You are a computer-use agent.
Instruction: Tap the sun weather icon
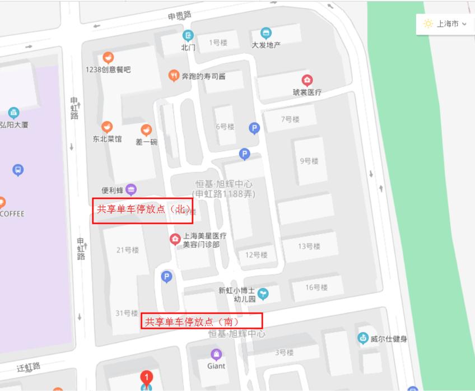[x=429, y=24]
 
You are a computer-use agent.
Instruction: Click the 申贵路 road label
[x=179, y=16]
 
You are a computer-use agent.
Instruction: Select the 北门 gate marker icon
[x=188, y=35]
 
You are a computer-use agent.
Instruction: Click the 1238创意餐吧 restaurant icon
[x=108, y=58]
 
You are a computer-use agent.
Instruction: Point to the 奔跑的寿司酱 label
[x=203, y=76]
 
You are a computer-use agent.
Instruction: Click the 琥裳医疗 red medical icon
[x=307, y=80]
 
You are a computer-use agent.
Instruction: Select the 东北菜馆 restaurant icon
[x=107, y=127]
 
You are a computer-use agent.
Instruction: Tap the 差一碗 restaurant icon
[x=146, y=131]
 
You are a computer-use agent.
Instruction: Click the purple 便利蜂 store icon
[x=131, y=190]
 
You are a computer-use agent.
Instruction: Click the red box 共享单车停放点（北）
[x=142, y=211]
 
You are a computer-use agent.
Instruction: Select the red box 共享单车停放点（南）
[x=202, y=320]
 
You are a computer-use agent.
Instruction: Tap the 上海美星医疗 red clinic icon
[x=175, y=240]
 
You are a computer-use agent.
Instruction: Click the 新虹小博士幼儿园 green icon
[x=263, y=293]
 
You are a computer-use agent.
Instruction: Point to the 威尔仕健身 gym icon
[x=363, y=338]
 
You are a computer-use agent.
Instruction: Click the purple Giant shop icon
[x=216, y=354]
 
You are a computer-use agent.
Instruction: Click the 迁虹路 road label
[x=28, y=367]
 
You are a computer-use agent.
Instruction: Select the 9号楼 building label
[x=309, y=161]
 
